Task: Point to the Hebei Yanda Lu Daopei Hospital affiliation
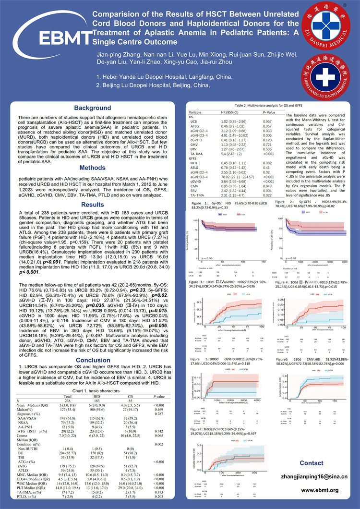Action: pyautogui.click(x=157, y=77)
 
